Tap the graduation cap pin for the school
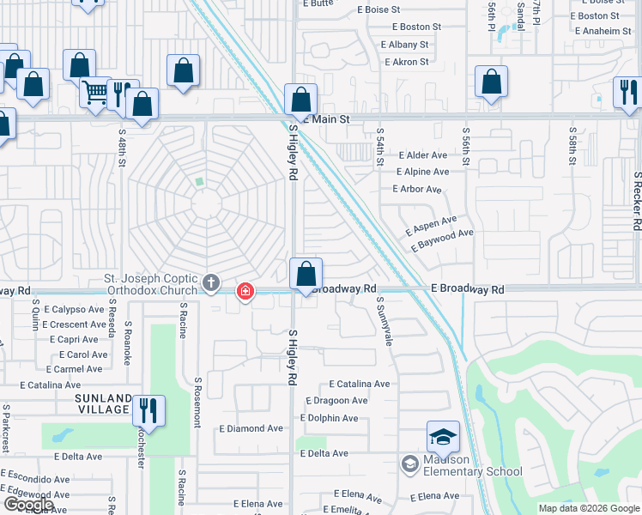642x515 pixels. (444, 438)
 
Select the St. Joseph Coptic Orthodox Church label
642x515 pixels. (149, 284)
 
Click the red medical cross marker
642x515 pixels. (245, 292)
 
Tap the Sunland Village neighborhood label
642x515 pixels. (102, 404)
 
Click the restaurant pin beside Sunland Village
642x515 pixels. (149, 410)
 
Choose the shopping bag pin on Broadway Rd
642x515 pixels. (306, 275)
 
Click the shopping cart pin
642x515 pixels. (95, 91)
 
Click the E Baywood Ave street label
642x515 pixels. (443, 239)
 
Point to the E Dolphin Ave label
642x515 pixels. (329, 418)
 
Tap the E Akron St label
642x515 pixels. (407, 62)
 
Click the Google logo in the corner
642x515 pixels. (27, 505)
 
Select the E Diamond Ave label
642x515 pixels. (251, 428)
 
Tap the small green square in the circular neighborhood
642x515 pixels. (199, 181)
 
